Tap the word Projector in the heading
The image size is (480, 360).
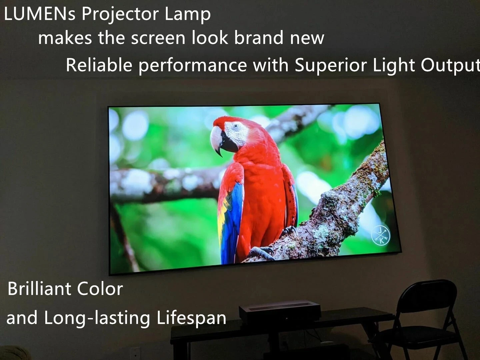tap(120, 15)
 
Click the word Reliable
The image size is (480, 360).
tap(99, 65)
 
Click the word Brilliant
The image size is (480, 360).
tap(39, 289)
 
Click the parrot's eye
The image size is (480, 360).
tap(236, 126)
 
